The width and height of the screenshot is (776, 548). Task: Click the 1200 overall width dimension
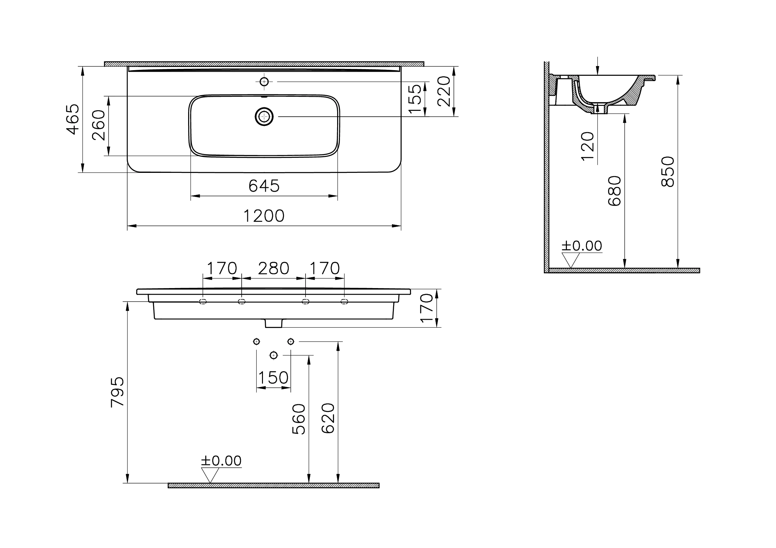264,216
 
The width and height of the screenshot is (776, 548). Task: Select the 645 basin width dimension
264,186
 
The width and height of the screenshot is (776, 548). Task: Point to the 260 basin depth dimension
99,125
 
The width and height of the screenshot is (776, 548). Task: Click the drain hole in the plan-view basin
264,116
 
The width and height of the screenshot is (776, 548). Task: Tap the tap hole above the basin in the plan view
264,81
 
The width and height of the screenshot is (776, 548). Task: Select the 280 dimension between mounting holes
273,269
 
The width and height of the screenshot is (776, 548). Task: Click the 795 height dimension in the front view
118,392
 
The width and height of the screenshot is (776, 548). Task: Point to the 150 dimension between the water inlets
273,378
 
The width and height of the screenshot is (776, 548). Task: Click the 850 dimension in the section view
668,172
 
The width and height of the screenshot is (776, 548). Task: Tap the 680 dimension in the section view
615,191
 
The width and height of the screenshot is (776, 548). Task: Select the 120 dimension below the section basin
588,146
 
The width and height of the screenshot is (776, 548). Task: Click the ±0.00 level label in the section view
582,246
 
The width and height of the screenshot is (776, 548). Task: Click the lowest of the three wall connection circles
274,355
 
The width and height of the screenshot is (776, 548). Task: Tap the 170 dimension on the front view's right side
427,308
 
